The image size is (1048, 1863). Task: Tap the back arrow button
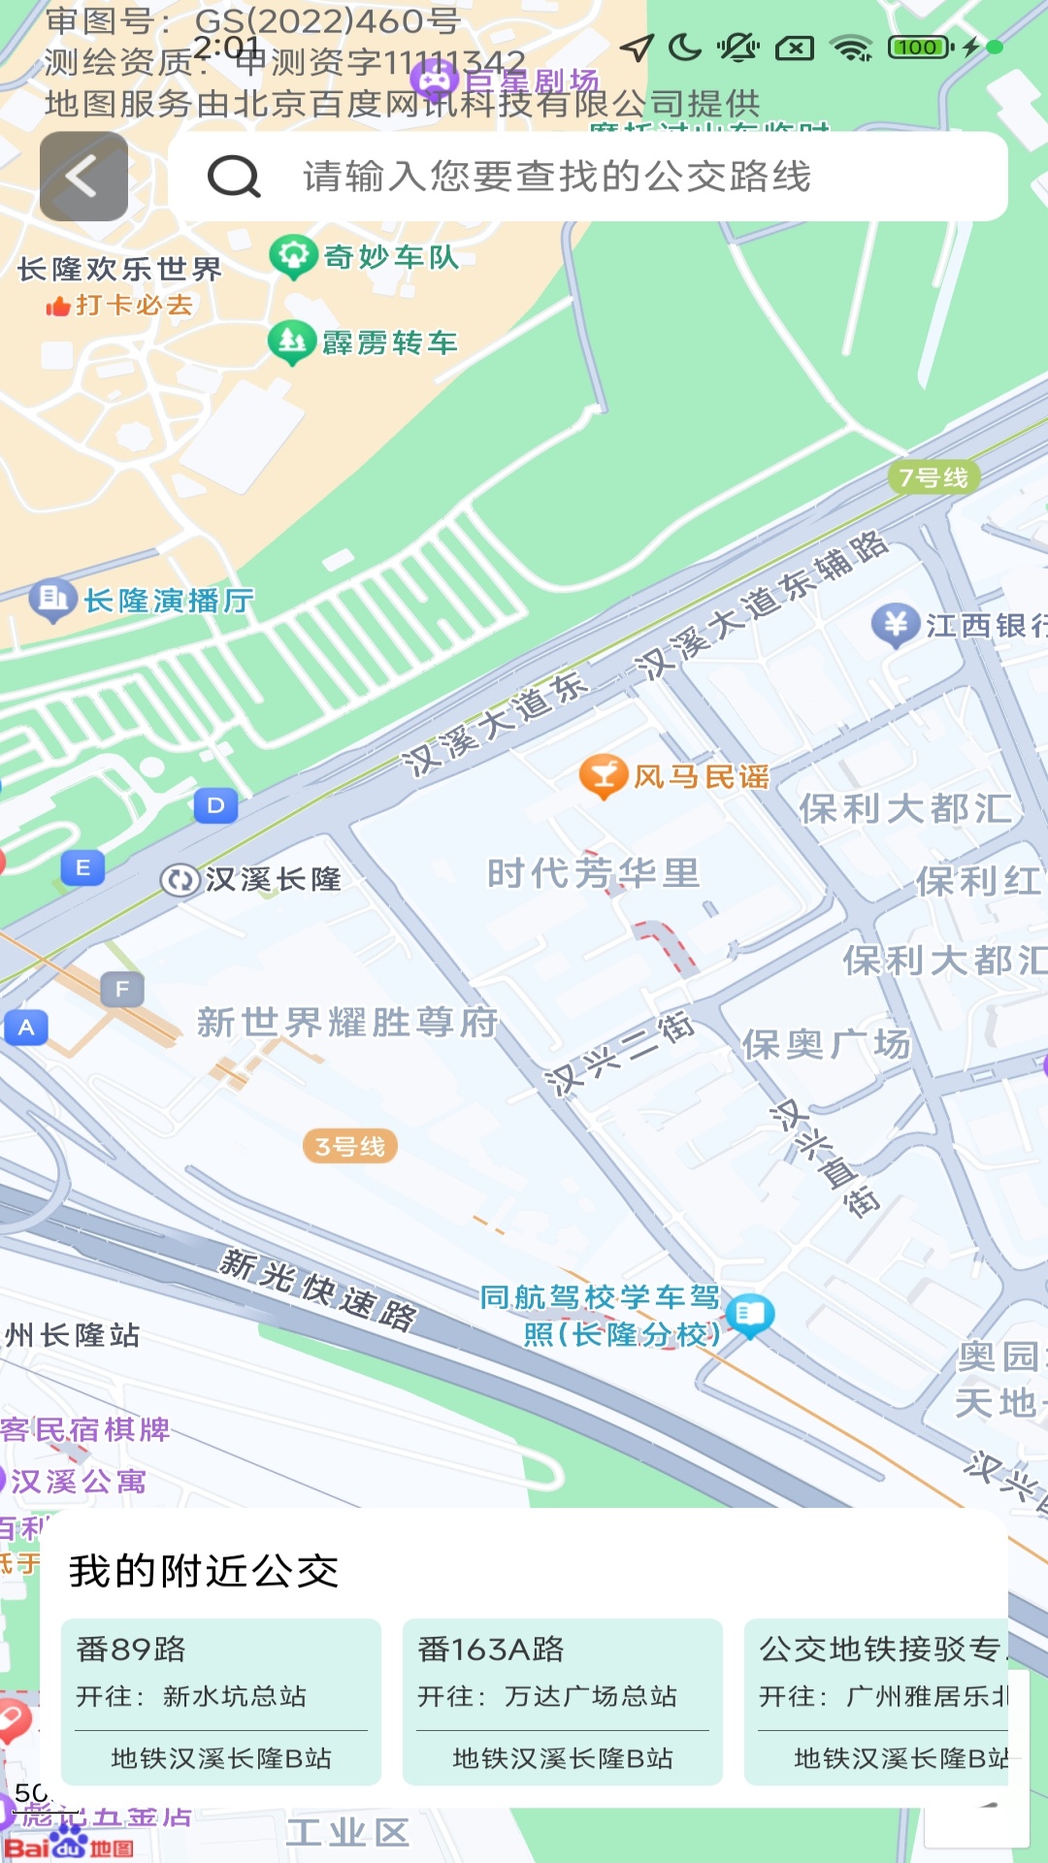(x=83, y=177)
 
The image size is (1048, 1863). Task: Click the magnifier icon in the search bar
(x=234, y=177)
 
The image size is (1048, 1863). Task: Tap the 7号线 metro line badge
(x=933, y=477)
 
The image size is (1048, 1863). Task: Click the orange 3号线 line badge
(x=350, y=1146)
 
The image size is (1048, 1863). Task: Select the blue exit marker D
(x=215, y=805)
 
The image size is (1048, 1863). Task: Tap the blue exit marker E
(x=83, y=867)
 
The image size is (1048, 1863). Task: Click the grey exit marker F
(x=122, y=989)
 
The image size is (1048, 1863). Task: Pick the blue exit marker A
(x=26, y=1028)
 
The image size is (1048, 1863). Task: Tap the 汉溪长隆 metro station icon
(x=180, y=880)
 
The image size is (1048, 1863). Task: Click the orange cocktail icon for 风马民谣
(x=603, y=775)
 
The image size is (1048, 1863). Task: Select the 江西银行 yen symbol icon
(x=895, y=625)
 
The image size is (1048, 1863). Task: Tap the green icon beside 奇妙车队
(x=292, y=256)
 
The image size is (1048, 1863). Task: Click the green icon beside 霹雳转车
(x=291, y=342)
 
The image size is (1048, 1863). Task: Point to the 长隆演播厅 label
(x=169, y=602)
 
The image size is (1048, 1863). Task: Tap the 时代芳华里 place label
(x=593, y=873)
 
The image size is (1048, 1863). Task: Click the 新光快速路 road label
(x=318, y=1288)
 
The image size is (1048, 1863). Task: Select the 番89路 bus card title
(x=131, y=1649)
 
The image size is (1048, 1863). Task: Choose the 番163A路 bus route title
(x=491, y=1649)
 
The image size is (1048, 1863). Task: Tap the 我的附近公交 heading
(x=204, y=1571)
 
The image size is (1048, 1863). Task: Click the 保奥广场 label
(x=826, y=1044)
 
